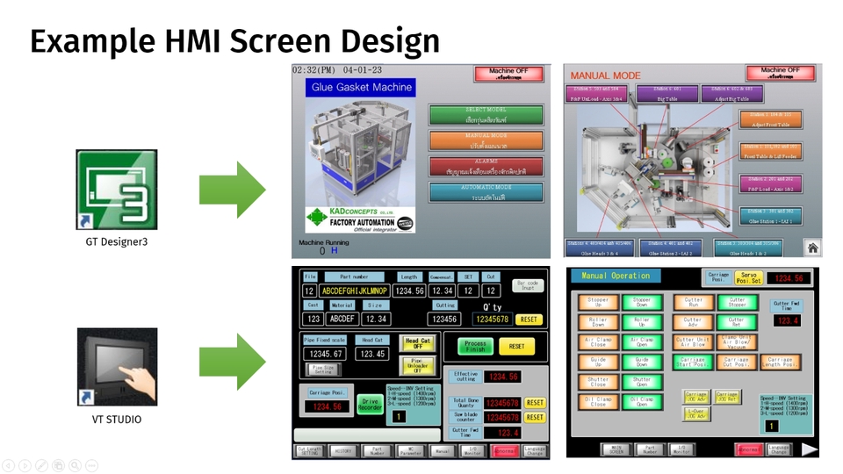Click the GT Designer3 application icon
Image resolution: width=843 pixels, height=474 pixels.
[x=117, y=190]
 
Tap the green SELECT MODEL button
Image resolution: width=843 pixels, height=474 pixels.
[x=486, y=114]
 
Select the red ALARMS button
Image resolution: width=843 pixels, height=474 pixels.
[x=486, y=166]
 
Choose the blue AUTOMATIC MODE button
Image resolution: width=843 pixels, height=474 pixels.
[x=486, y=192]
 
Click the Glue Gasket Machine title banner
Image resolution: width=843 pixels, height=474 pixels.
[x=361, y=87]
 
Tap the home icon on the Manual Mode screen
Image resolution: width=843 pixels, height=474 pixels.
[x=812, y=248]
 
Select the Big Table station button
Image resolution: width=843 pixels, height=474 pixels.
[x=667, y=93]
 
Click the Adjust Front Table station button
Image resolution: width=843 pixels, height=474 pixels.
[x=770, y=119]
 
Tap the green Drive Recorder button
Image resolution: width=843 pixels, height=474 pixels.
[x=369, y=406]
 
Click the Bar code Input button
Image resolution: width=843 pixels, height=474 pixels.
[x=528, y=286]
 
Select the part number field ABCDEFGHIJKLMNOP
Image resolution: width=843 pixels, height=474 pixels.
[x=354, y=291]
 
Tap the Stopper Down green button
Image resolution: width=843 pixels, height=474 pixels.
[x=642, y=303]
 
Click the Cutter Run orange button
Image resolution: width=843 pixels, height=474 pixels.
[x=693, y=303]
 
